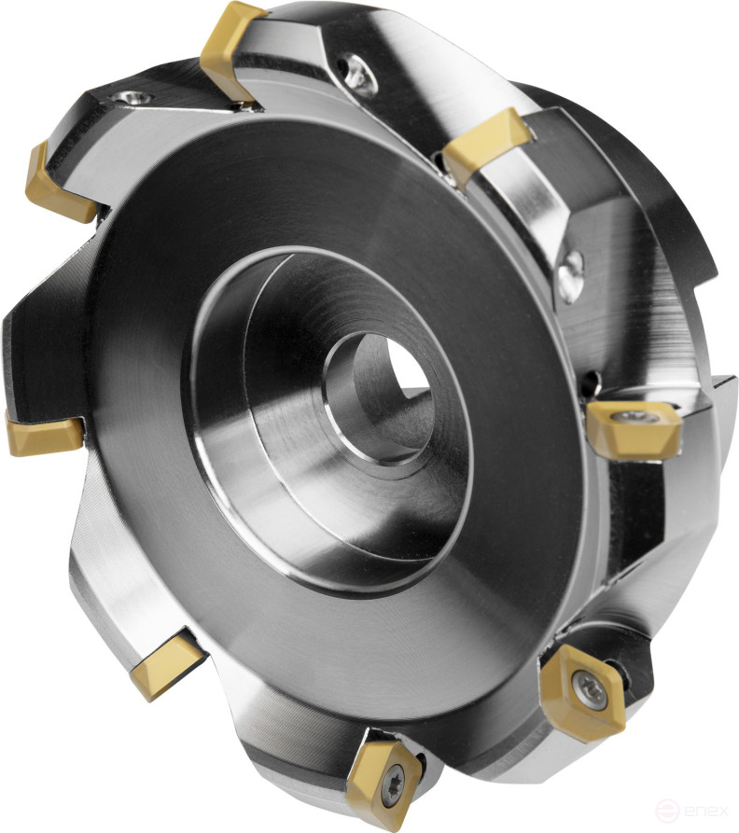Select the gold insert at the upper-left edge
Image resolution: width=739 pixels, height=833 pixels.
(58, 182)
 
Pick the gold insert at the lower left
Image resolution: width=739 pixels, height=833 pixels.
(165, 665)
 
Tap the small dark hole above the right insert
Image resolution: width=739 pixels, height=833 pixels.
(592, 382)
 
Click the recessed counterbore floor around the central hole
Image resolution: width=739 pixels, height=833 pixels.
(280, 448)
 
